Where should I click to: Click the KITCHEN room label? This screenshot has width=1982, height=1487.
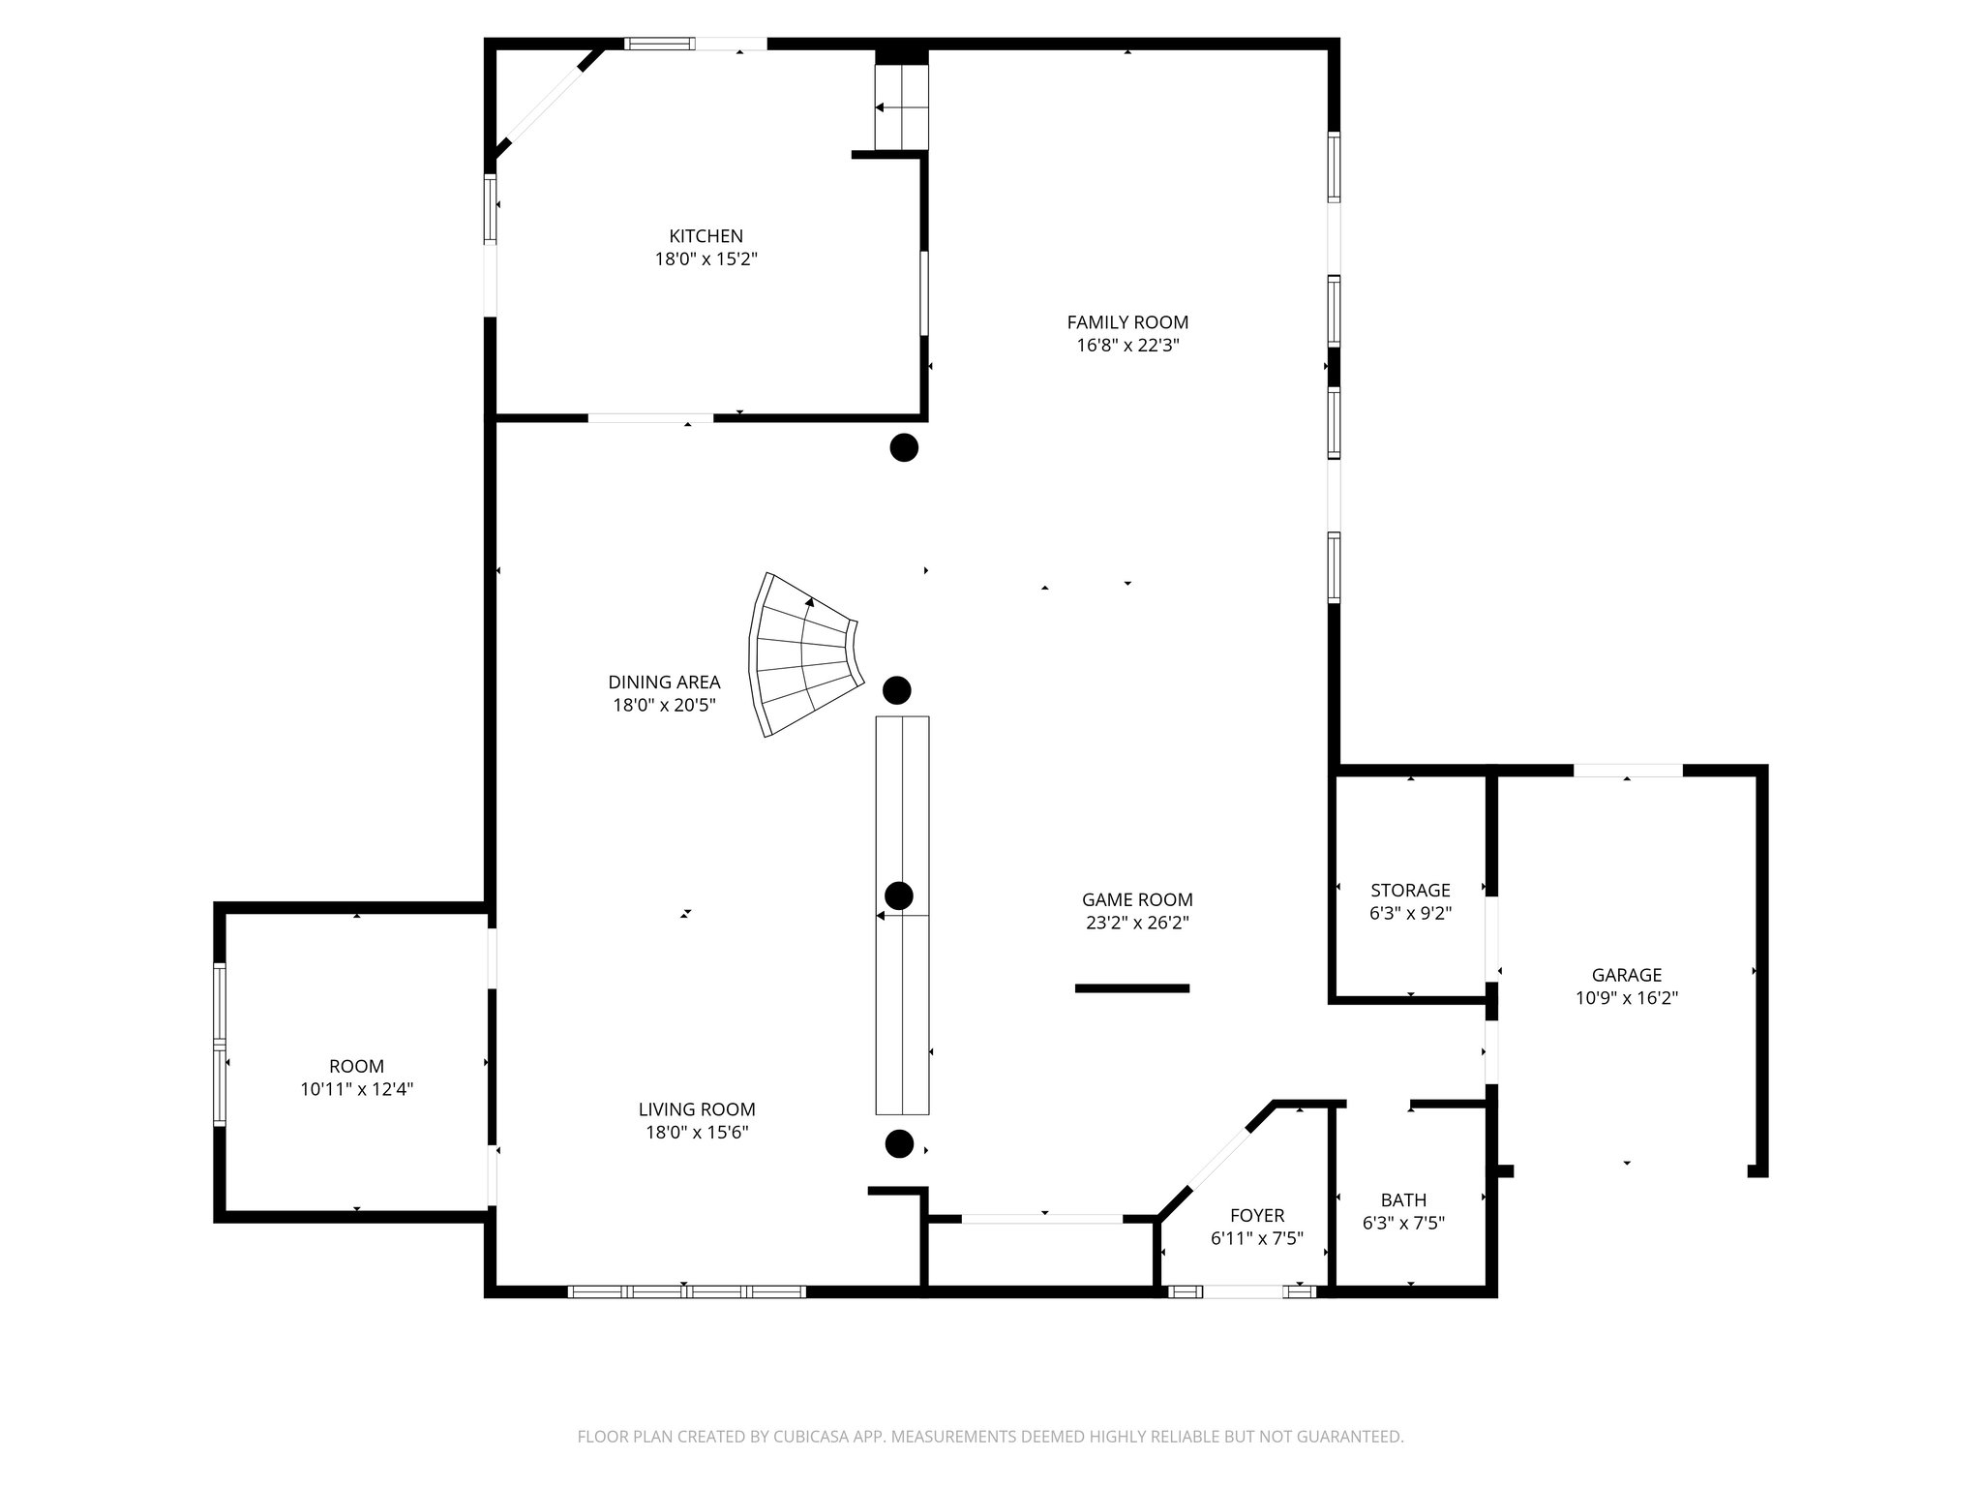pyautogui.click(x=706, y=236)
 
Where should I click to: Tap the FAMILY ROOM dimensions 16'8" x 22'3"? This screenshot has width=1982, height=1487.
pyautogui.click(x=1127, y=346)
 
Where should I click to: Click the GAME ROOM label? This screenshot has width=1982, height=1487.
pyautogui.click(x=1137, y=899)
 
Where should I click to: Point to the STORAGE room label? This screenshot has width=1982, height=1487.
pyautogui.click(x=1410, y=890)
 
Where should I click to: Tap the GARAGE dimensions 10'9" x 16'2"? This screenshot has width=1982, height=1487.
pyautogui.click(x=1626, y=998)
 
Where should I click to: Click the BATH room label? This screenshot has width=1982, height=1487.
pyautogui.click(x=1403, y=1200)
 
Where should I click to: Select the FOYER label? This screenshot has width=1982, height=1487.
pyautogui.click(x=1257, y=1215)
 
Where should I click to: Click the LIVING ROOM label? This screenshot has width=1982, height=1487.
pyautogui.click(x=697, y=1109)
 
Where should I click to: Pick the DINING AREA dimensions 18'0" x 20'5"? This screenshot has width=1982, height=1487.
pyautogui.click(x=664, y=706)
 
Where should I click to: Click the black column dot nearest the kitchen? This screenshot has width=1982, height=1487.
pyautogui.click(x=903, y=447)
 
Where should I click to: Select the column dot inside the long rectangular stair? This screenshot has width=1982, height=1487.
pyautogui.click(x=899, y=895)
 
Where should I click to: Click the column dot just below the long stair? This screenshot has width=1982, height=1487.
pyautogui.click(x=899, y=1144)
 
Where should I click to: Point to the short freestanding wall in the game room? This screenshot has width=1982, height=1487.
pyautogui.click(x=1131, y=988)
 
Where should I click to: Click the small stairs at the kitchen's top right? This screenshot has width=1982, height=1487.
pyautogui.click(x=902, y=107)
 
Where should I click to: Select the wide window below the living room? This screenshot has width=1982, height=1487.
pyautogui.click(x=686, y=1290)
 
